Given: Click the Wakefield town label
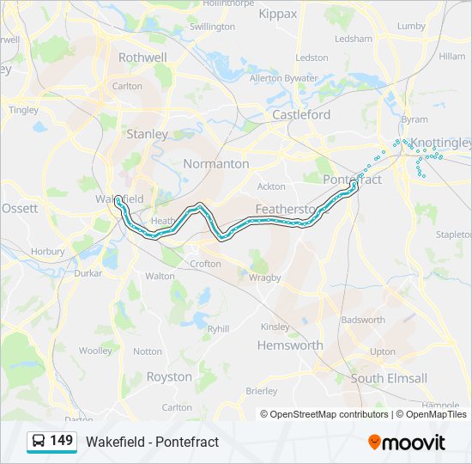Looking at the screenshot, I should click(x=113, y=198).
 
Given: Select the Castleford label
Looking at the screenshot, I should click(x=301, y=114).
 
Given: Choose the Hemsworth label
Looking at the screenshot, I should click(x=290, y=345).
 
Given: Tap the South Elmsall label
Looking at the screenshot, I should click(x=389, y=378).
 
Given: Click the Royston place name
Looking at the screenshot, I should click(x=169, y=376).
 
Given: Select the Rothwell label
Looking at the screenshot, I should click(x=142, y=57).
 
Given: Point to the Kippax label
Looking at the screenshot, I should click(x=276, y=14).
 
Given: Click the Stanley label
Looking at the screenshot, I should click(x=147, y=134).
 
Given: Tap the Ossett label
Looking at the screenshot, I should click(x=20, y=208).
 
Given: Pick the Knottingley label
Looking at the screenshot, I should click(x=440, y=143).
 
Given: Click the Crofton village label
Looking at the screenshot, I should click(x=205, y=264).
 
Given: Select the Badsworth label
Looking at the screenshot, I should click(x=363, y=320).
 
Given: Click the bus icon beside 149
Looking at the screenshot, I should click(x=39, y=441).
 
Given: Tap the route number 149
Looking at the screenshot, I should click(x=61, y=441).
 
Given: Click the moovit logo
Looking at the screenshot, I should click(x=407, y=442).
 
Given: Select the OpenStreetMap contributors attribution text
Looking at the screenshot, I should click(x=330, y=414).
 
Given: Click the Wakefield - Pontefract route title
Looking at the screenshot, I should click(x=152, y=442).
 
